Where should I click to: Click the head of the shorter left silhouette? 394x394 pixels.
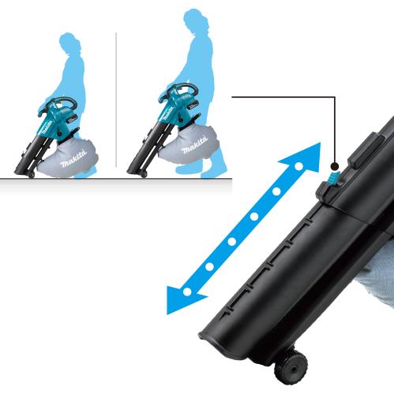pyautogui.click(x=69, y=43)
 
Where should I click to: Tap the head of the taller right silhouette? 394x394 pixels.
pyautogui.click(x=194, y=20)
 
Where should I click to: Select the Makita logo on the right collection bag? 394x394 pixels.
pyautogui.click(x=194, y=145)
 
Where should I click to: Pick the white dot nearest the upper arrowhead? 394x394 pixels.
pyautogui.click(x=298, y=166)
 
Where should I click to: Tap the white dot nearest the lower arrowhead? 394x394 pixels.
pyautogui.click(x=187, y=292)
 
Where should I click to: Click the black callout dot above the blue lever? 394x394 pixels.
pyautogui.click(x=335, y=166)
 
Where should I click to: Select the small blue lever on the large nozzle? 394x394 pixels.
pyautogui.click(x=333, y=179)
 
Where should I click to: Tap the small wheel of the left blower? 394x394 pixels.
pyautogui.click(x=32, y=175)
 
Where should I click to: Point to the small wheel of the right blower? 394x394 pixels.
pyautogui.click(x=144, y=174)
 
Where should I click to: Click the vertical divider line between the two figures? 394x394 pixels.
pyautogui.click(x=116, y=99)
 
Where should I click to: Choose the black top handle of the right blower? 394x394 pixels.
pyautogui.click(x=184, y=87)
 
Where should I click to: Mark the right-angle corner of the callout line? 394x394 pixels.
pyautogui.click(x=335, y=97)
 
